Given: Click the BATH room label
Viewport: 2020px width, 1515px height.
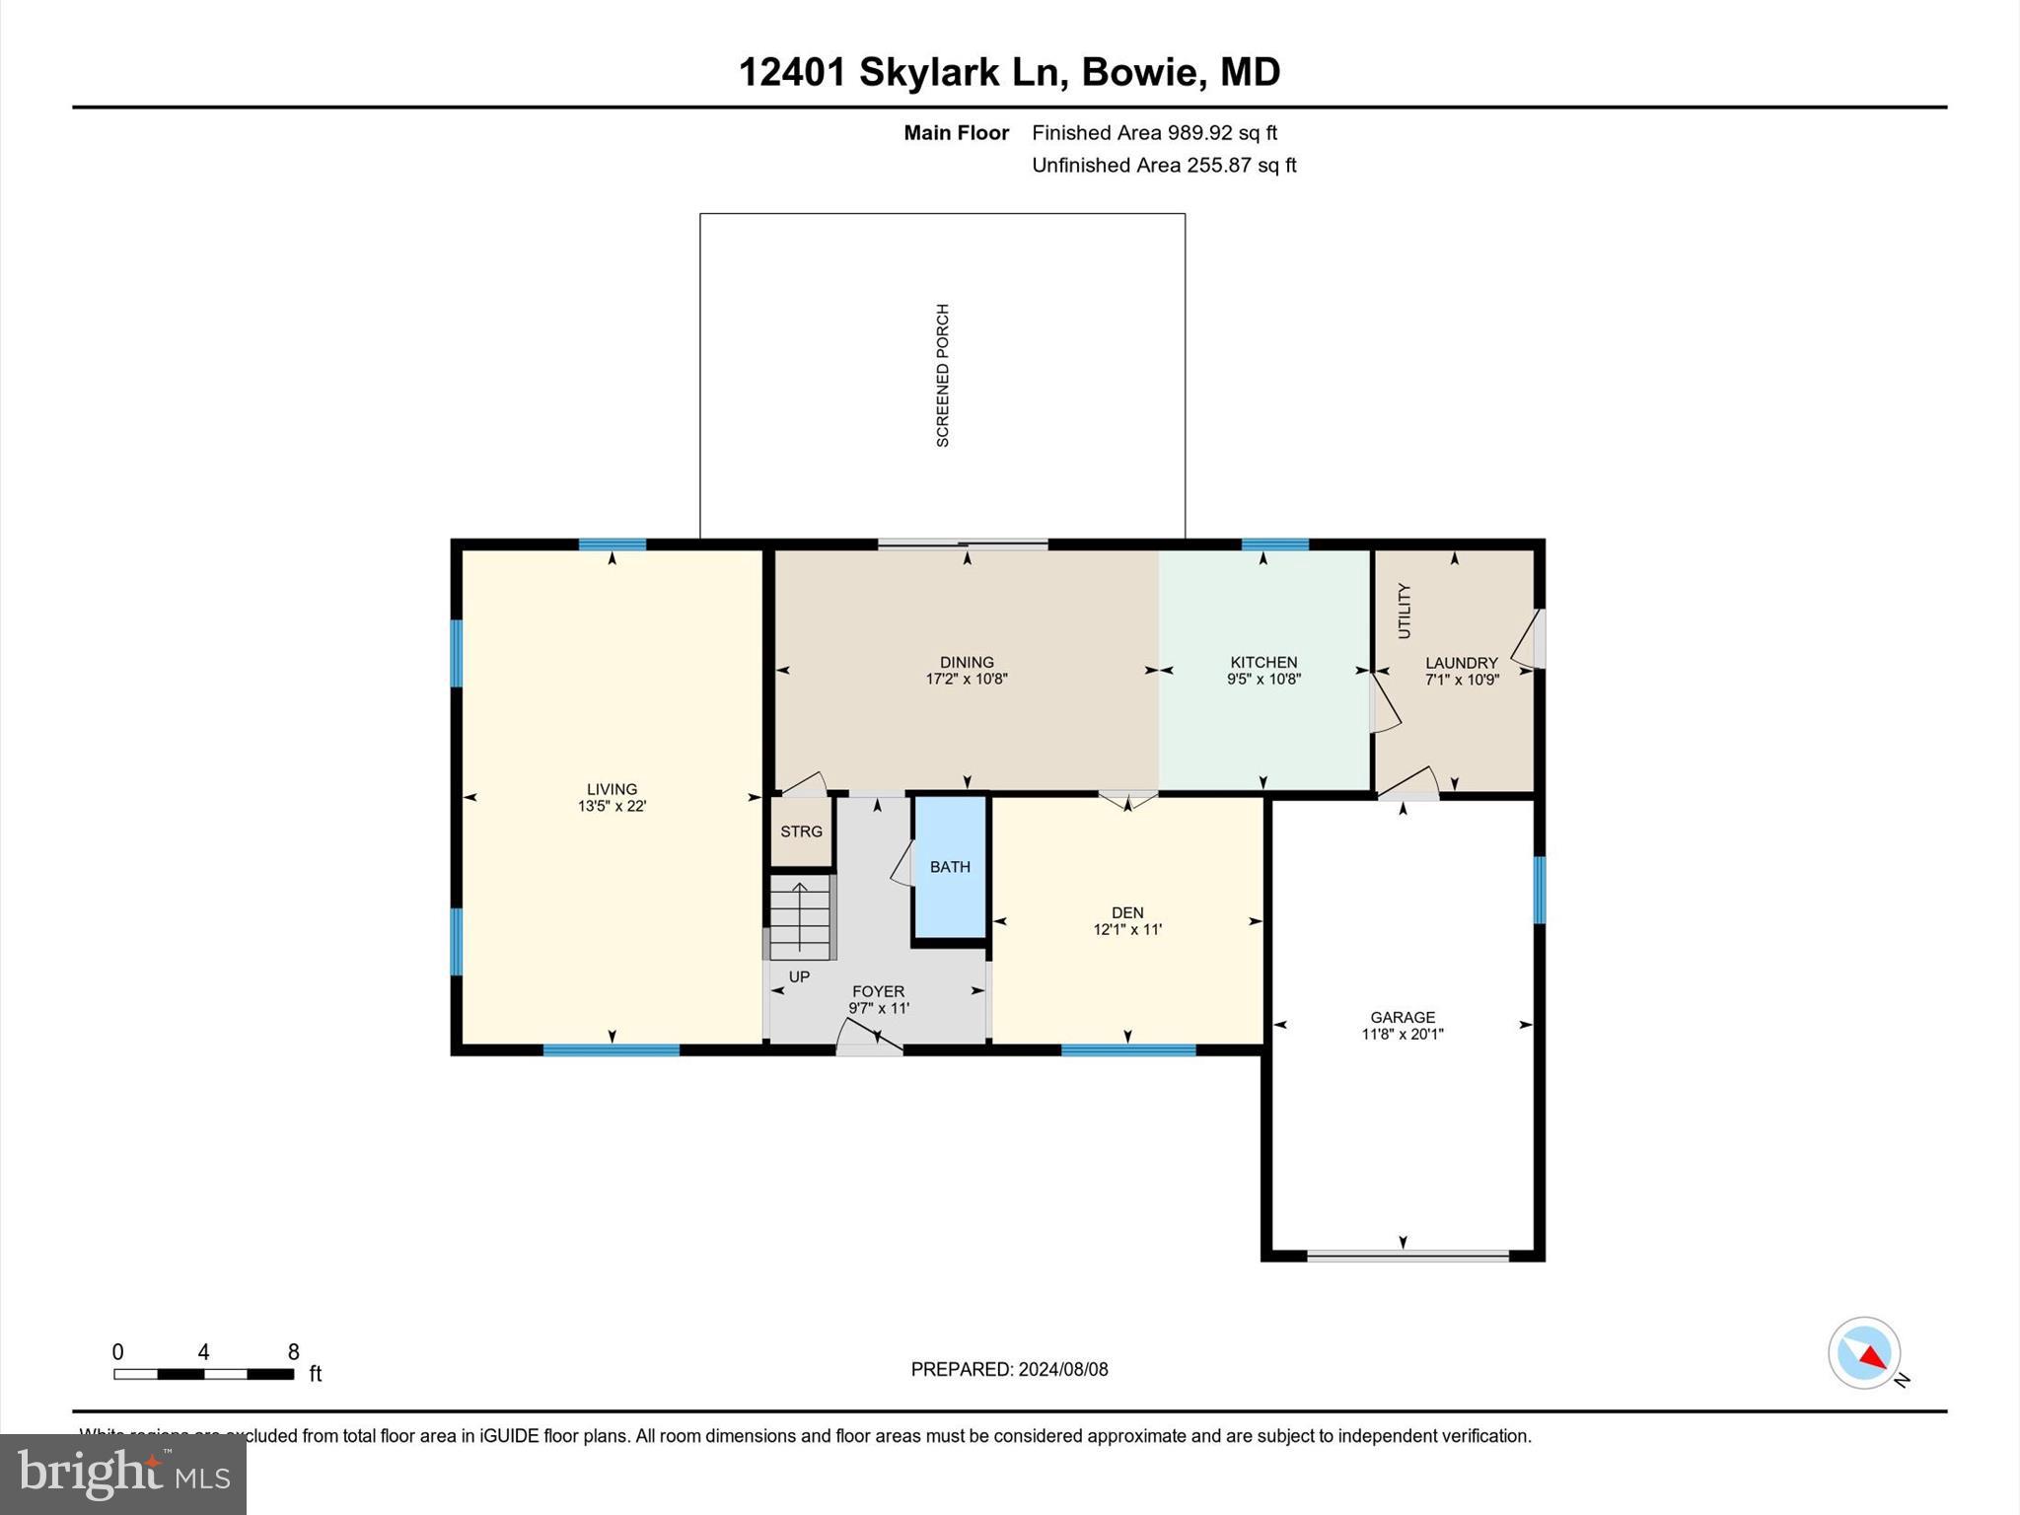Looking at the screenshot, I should coord(950,867).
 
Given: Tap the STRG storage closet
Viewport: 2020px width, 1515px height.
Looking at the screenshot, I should coord(801,831).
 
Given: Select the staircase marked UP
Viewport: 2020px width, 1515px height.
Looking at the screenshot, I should coord(800,920).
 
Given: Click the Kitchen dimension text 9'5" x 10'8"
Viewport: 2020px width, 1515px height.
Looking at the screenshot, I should coord(1263,679).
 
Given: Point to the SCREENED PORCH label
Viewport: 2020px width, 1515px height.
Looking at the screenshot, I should coord(943,376).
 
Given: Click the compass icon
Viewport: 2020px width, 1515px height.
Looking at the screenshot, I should coord(1864,1353).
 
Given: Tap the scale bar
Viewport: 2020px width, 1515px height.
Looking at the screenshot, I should coord(203,1373).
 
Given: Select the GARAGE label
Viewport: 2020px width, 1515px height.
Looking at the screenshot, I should coord(1402,1017).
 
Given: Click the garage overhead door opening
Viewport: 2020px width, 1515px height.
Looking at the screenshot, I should coord(1407,1256).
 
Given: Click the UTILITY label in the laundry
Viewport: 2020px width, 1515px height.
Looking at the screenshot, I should coord(1405,611).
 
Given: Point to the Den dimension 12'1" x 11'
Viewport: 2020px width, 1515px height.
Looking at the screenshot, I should coord(1127,929).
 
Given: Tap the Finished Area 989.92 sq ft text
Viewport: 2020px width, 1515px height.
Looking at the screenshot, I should coord(1154,132).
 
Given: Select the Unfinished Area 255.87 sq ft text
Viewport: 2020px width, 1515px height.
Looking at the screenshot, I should coord(1164,165).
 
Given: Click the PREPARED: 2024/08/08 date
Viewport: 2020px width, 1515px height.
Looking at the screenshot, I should coord(1009,1369).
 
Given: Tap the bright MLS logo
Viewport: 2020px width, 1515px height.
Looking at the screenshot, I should coord(123,1475).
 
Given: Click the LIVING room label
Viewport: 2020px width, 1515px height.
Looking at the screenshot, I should coord(612,789).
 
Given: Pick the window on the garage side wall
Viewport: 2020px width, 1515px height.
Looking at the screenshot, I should coord(1539,890).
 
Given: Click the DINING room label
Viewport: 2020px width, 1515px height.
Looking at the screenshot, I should coord(967,662).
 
